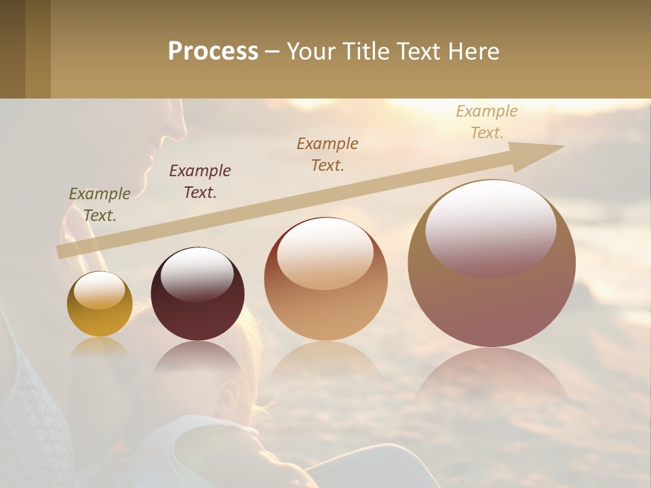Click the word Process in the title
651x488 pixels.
pos(213,51)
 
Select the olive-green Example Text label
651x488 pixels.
pos(100,204)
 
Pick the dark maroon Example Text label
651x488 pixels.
pos(200,181)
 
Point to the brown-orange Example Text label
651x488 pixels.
pos(328,154)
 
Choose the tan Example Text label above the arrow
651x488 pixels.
pos(487,121)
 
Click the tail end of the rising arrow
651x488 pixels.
pos(62,251)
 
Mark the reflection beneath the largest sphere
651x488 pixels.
pos(492,380)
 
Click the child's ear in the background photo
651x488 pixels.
pos(227,393)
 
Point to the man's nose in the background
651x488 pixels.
pos(177,125)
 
